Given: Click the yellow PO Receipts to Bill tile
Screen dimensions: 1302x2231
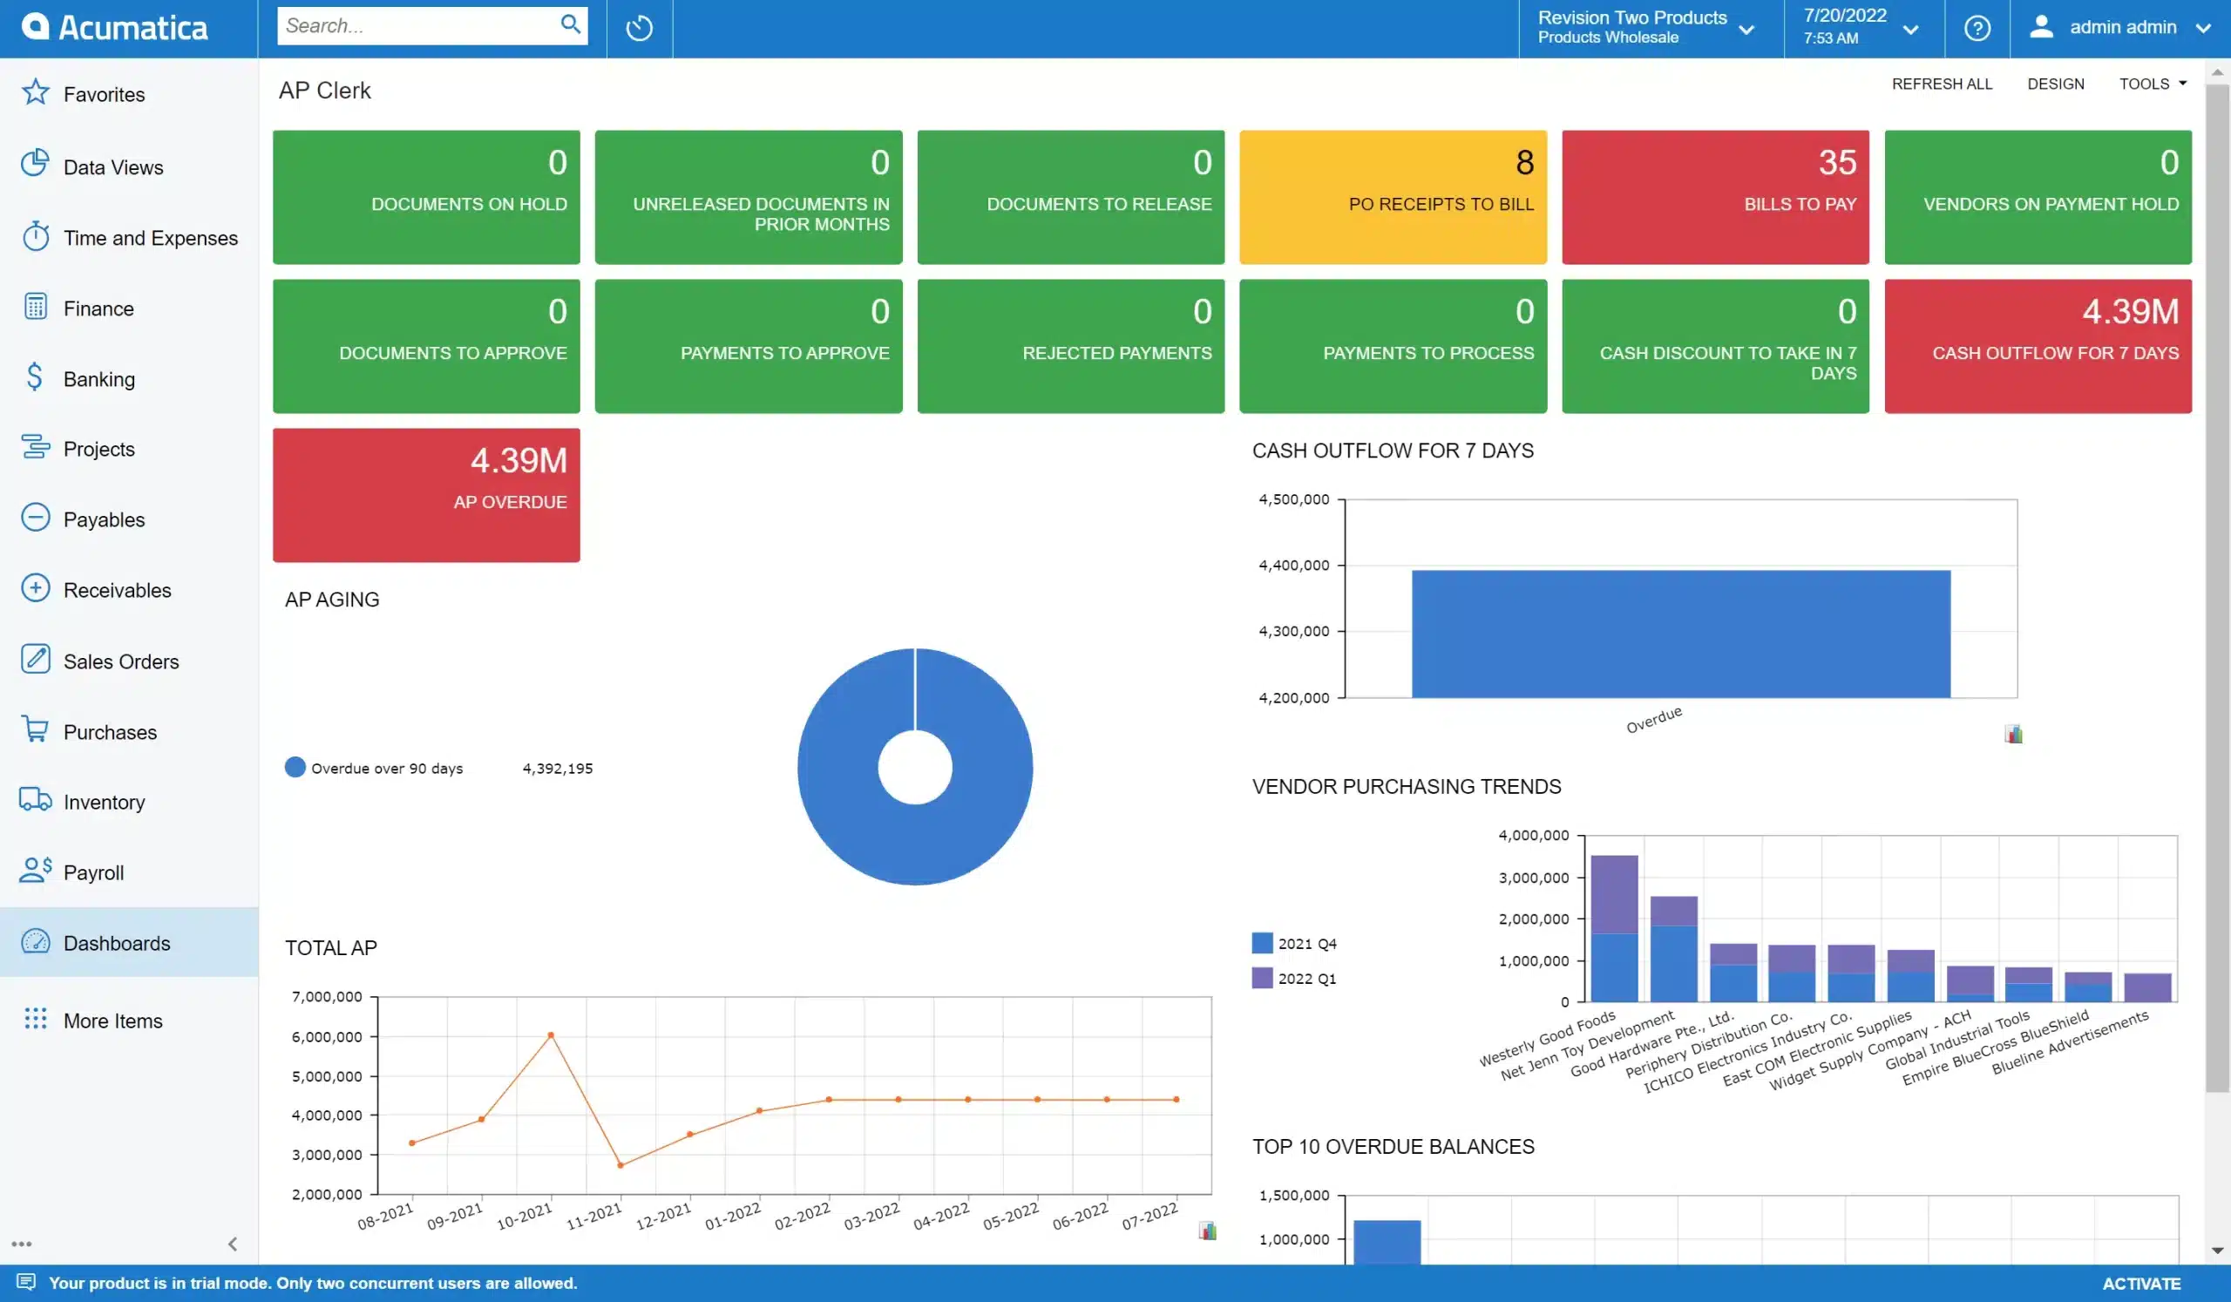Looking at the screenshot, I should coord(1393,196).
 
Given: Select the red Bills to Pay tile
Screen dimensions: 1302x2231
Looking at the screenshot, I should coord(1715,196).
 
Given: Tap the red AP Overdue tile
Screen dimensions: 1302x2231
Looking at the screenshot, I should coord(426,495).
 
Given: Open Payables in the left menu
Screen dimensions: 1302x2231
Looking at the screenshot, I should coord(104,519).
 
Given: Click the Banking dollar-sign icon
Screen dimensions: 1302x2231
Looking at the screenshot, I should coord(35,377).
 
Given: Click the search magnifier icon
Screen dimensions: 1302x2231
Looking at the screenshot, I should coord(571,24).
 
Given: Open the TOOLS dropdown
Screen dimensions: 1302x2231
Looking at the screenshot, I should coord(2153,83).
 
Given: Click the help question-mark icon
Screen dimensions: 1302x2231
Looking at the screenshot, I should coord(1976,29).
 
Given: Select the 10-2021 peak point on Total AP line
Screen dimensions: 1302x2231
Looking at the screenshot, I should coord(551,1034).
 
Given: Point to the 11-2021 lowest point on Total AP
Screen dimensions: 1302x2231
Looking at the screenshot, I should coord(620,1165).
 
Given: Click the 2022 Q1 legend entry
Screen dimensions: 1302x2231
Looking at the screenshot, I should coord(1294,978).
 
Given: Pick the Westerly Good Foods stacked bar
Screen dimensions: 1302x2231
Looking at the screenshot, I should coord(1613,929).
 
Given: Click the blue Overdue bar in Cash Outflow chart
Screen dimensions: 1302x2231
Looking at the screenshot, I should coord(1679,634).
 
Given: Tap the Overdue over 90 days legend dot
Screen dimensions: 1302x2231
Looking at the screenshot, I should coord(295,768).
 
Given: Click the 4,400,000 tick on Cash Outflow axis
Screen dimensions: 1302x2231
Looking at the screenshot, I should coord(1293,565).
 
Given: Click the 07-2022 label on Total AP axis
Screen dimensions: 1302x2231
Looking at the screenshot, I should coord(1149,1216).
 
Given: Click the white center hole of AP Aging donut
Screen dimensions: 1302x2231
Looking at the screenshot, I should coord(914,768).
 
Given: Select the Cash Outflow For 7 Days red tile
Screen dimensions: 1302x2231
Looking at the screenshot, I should coord(2038,346).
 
